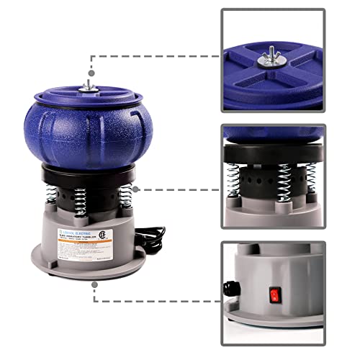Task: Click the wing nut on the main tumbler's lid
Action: click(x=89, y=84)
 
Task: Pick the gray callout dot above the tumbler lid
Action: click(x=89, y=72)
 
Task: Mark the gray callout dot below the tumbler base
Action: click(x=94, y=285)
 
